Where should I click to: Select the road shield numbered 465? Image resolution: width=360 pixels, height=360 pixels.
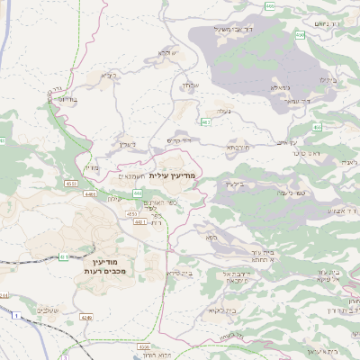pos(270,5)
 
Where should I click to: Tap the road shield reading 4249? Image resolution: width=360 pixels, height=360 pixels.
pos(86,317)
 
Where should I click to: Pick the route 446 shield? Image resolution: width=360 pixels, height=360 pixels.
pos(137,193)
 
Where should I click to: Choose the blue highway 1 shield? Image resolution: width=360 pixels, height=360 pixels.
pos(15,315)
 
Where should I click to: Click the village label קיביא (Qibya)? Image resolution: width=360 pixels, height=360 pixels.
pos(109,76)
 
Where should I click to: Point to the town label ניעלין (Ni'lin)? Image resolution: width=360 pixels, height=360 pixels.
pos(126,143)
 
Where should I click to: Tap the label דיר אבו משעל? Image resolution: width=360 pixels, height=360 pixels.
pos(216,31)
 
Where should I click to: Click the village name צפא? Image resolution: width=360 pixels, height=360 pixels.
pos(211,238)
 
